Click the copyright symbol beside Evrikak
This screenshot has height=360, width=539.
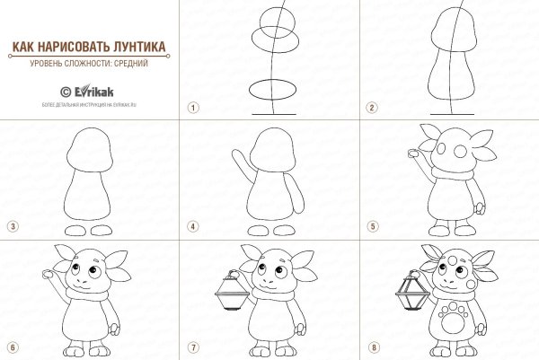(64, 90)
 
